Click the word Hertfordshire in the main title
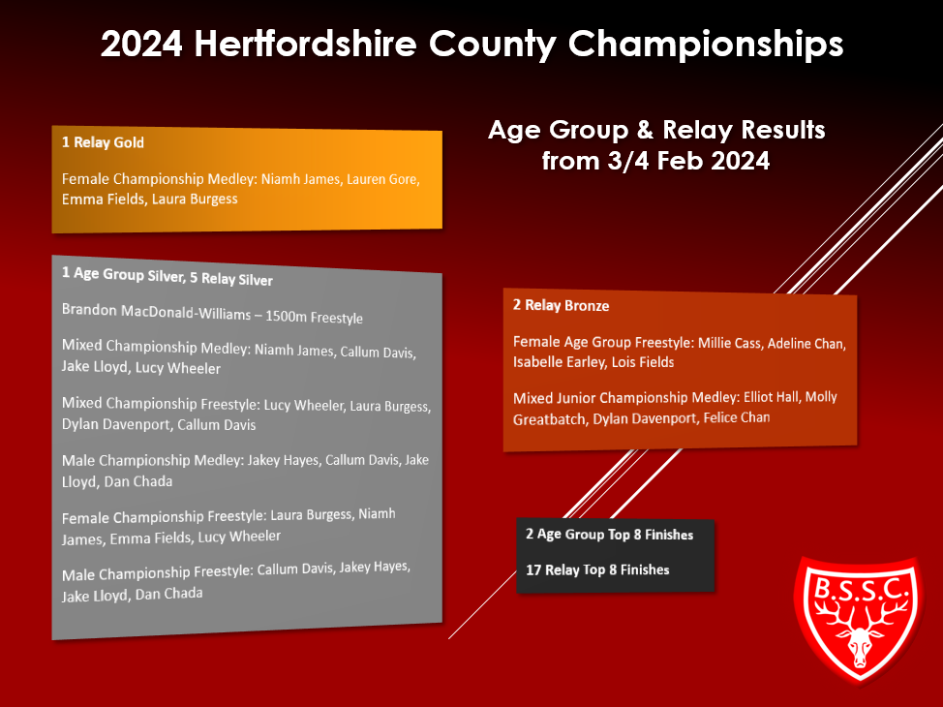click(306, 44)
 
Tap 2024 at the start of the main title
click(141, 44)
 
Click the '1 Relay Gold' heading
click(103, 142)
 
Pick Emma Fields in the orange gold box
click(103, 199)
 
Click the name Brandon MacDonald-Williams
click(157, 312)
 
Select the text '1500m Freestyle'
click(314, 317)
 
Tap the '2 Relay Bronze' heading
click(561, 306)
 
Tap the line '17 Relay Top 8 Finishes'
click(597, 569)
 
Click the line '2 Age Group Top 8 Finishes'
click(609, 535)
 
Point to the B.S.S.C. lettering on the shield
click(858, 589)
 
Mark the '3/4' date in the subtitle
click(629, 161)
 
